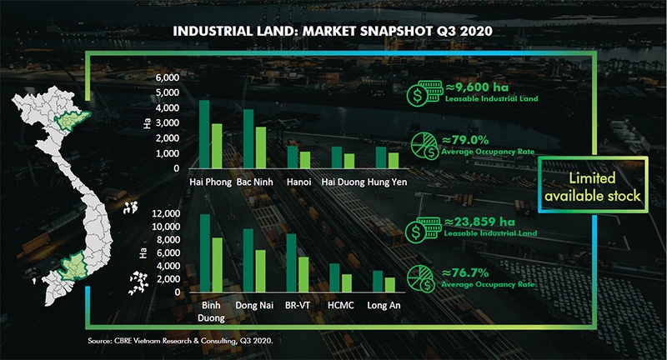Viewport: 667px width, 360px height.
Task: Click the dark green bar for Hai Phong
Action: point(204,135)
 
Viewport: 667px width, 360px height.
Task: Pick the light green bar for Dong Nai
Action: point(259,271)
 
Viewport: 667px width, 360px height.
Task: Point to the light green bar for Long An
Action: point(389,284)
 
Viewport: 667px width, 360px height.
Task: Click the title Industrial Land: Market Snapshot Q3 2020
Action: point(333,31)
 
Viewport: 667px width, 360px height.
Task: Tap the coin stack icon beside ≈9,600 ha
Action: point(417,95)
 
